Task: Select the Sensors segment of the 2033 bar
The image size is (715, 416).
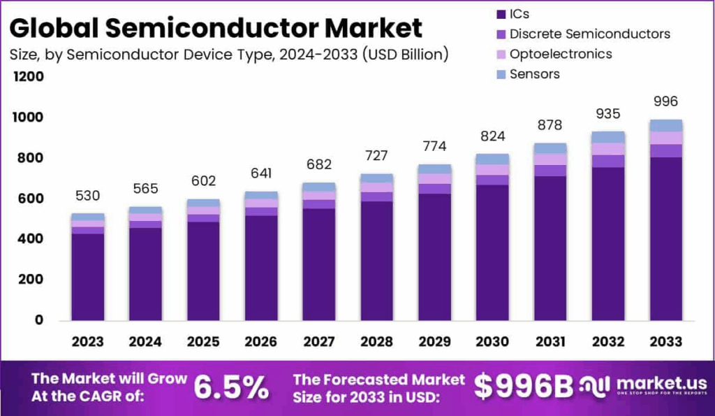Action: [665, 126]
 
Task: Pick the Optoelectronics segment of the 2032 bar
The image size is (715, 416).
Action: [607, 149]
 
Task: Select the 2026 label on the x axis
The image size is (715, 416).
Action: [260, 342]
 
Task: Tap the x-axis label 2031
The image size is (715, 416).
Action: [550, 342]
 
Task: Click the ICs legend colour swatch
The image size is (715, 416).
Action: [501, 14]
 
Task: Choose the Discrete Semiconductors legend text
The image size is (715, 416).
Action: [589, 34]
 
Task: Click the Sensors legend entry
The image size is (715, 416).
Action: [534, 74]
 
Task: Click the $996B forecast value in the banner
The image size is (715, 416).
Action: [523, 387]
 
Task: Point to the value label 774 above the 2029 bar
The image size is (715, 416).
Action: [434, 147]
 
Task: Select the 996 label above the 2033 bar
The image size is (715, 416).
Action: [665, 101]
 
